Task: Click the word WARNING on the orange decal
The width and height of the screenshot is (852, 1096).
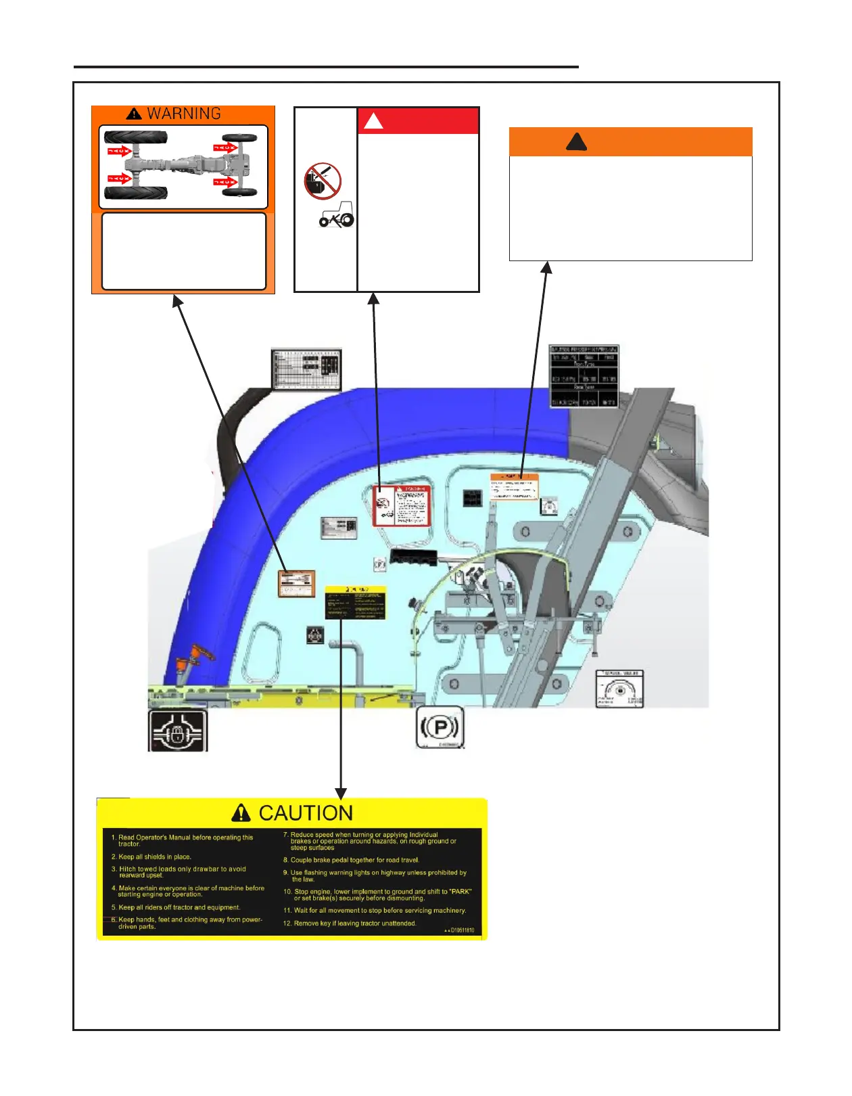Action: tap(184, 114)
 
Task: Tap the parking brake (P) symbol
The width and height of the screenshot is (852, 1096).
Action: tap(440, 727)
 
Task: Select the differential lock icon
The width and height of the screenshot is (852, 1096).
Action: tap(178, 731)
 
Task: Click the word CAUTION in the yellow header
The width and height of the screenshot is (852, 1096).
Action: tap(306, 813)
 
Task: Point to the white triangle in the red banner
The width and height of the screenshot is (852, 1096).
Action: tap(373, 121)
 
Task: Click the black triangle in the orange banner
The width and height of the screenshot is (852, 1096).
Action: tap(576, 142)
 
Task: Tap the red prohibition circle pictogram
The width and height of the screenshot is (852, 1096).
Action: tap(323, 181)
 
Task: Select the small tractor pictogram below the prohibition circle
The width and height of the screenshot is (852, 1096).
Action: tap(336, 215)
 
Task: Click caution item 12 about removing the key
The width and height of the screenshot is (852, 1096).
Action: tap(350, 923)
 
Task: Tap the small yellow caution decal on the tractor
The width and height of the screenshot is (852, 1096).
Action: tap(355, 602)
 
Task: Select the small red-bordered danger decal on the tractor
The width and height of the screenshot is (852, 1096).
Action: tap(402, 505)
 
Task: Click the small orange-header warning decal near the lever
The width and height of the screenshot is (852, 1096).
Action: tap(514, 487)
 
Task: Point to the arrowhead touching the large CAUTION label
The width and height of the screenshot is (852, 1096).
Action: tap(341, 793)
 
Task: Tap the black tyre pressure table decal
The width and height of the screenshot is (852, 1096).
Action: tap(584, 376)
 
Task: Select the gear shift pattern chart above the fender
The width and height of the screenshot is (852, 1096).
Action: tap(306, 369)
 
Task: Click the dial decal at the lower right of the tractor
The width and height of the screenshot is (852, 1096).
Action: tap(619, 689)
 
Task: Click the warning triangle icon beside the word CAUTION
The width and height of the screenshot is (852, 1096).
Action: tap(241, 813)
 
